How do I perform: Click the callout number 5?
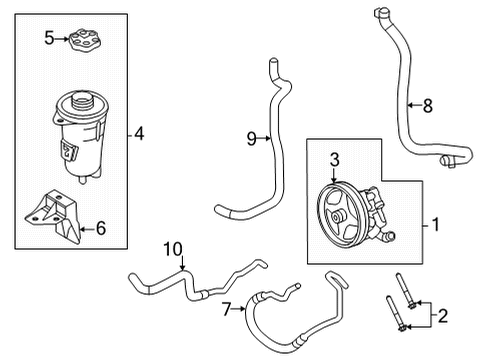point(48,39)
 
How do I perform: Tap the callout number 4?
point(140,133)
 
